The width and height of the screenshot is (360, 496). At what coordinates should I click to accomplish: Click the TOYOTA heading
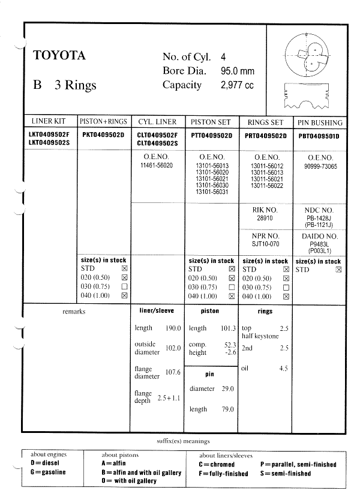click(59, 56)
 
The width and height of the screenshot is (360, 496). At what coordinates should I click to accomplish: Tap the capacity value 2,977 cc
click(237, 85)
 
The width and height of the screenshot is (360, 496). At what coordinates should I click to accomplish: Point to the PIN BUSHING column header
click(319, 122)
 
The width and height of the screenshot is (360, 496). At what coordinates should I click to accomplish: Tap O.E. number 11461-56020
click(156, 165)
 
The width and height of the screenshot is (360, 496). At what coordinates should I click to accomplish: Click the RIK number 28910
click(265, 218)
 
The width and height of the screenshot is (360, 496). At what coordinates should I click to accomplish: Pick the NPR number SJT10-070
click(265, 244)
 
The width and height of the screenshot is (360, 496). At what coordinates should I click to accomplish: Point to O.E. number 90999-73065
click(319, 165)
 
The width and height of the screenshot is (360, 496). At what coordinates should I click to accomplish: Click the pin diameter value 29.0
click(227, 389)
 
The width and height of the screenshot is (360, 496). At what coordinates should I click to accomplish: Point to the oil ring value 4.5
click(284, 369)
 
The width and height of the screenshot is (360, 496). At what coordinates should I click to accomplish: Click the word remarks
click(74, 312)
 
